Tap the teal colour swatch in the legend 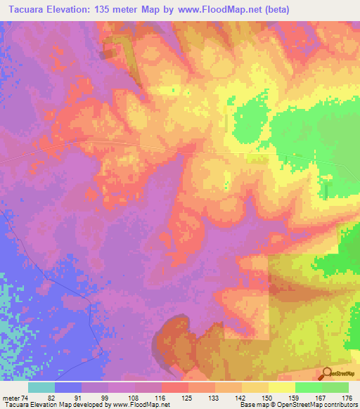coord(41,387)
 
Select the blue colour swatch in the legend coord(68,387)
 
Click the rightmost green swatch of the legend coord(335,387)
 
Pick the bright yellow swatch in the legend coord(282,387)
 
